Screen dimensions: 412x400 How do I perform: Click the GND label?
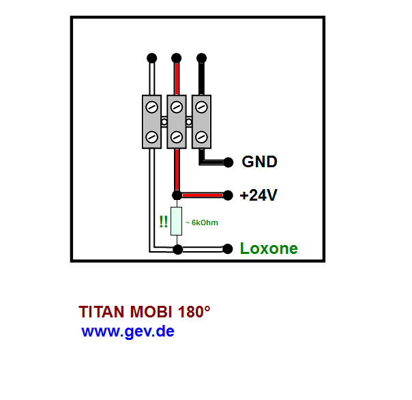[x=259, y=162]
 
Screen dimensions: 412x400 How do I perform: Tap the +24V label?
[x=259, y=195]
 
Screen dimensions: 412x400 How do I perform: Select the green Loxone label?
[x=269, y=248]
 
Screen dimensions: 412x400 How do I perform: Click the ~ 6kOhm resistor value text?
[x=202, y=223]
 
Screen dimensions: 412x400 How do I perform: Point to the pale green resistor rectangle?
[x=176, y=221]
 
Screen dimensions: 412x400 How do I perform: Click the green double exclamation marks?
[x=164, y=222]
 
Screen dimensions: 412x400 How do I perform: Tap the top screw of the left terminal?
[x=151, y=107]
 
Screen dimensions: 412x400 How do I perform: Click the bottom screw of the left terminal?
[x=151, y=137]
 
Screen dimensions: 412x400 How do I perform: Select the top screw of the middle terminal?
[x=177, y=107]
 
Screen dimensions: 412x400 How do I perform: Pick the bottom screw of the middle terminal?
[x=177, y=137]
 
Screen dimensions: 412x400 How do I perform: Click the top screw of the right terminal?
[x=201, y=107]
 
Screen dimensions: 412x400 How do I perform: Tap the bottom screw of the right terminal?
[x=201, y=137]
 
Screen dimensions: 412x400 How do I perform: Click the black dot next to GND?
[x=229, y=162]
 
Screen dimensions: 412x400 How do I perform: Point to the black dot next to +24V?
[x=228, y=195]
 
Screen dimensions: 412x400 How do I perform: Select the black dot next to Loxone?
[x=228, y=249]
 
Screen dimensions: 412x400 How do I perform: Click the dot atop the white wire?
[x=152, y=58]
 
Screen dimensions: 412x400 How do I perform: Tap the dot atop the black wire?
[x=201, y=58]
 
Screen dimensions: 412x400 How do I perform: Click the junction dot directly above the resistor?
[x=177, y=195]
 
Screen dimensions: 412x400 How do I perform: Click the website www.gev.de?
[x=128, y=332]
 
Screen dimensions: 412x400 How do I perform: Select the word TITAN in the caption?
[x=102, y=312]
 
